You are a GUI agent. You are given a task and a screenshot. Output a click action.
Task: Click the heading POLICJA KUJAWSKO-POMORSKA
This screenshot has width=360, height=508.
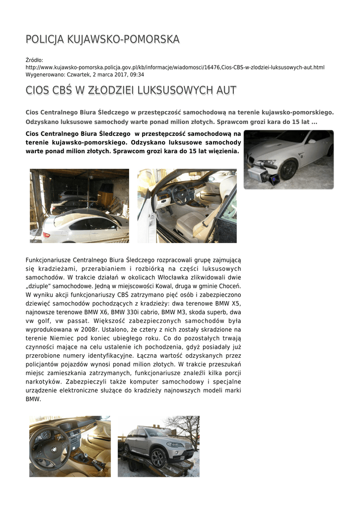point(102,39)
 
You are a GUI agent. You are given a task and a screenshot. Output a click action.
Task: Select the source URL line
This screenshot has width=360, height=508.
point(175,67)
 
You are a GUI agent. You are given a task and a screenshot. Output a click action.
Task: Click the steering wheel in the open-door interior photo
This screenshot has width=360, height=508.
point(180,193)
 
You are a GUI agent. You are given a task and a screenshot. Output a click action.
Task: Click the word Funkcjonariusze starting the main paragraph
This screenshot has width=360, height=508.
point(48,260)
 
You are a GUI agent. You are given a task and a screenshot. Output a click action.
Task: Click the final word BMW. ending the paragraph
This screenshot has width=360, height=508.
point(33,399)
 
